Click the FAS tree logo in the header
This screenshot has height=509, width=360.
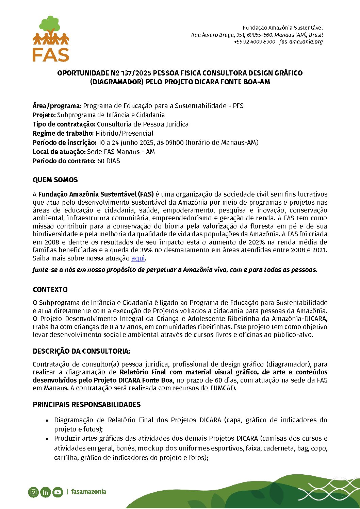point(51,38)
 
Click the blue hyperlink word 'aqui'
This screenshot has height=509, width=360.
point(138,258)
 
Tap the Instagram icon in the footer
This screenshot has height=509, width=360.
point(33,492)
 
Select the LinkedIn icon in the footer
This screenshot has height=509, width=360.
point(45,492)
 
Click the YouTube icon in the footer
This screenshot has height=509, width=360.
point(58,492)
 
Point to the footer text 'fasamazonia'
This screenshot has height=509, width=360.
point(88,492)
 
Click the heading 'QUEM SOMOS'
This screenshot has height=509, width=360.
point(55,180)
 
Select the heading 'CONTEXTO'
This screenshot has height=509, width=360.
point(50,290)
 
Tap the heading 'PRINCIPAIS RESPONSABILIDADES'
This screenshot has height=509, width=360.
point(86,405)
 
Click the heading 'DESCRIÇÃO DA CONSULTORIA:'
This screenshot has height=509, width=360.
point(81,351)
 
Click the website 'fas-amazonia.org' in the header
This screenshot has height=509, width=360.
point(301,42)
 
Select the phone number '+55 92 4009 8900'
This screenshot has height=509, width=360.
point(254,42)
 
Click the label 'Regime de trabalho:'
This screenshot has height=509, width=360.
point(63,133)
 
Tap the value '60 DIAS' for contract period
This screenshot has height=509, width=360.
point(109,161)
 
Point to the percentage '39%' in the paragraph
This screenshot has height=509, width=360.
point(146,250)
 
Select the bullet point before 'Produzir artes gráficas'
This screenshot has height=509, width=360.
point(47,439)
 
